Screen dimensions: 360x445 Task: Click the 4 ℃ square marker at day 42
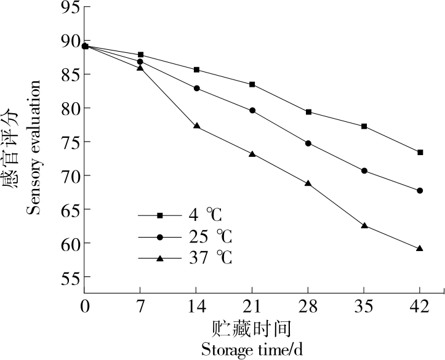point(420,152)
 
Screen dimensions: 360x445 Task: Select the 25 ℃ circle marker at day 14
point(196,88)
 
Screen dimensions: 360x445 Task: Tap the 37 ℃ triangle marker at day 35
point(364,226)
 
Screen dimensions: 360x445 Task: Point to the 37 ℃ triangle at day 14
point(196,126)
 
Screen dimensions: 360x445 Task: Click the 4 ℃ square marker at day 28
point(308,112)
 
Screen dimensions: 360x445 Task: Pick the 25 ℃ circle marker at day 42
point(420,191)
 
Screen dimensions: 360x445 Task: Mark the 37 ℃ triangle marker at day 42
point(420,249)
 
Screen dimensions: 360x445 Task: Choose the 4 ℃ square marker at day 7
point(140,55)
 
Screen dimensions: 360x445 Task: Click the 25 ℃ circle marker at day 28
point(308,143)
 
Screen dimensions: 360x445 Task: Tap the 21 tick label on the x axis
point(252,306)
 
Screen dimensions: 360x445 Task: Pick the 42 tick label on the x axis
point(420,306)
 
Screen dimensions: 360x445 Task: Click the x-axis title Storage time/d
point(252,350)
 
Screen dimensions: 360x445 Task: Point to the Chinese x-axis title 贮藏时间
point(252,327)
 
